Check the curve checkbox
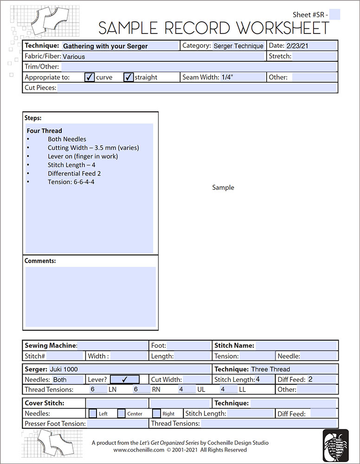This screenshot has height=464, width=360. click(x=90, y=77)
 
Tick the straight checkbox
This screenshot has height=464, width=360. click(x=129, y=77)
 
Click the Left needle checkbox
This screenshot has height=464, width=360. click(x=93, y=413)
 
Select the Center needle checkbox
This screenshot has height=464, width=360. click(x=122, y=413)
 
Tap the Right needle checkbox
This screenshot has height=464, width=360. click(x=157, y=413)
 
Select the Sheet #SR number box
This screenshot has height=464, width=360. click(x=334, y=15)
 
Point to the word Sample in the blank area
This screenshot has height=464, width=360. click(x=223, y=187)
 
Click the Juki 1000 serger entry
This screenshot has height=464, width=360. click(x=63, y=369)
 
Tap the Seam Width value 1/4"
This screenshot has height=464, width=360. click(x=227, y=77)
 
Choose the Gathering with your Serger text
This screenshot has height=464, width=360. click(x=105, y=46)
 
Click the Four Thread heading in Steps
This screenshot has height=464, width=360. click(x=44, y=131)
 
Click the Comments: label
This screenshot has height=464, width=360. click(x=40, y=261)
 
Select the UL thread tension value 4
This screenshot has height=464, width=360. click(x=181, y=389)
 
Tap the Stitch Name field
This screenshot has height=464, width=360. click(x=296, y=346)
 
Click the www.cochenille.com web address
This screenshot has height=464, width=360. click(x=139, y=450)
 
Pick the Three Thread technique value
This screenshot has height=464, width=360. click(x=270, y=369)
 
